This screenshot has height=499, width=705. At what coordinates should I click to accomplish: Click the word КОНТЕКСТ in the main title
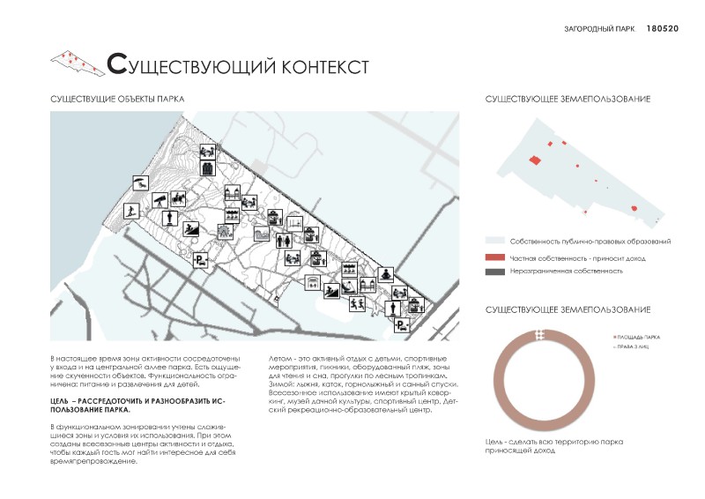click(312, 66)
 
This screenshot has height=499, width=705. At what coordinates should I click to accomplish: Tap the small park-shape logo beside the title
click(76, 62)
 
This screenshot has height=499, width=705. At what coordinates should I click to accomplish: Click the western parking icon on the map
click(201, 259)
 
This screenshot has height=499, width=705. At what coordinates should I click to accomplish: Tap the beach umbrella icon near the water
click(139, 183)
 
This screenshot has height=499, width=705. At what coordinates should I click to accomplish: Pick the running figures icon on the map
click(357, 304)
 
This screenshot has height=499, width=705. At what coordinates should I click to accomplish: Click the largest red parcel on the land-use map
click(534, 160)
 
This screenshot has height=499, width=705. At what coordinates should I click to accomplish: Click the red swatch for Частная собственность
click(494, 257)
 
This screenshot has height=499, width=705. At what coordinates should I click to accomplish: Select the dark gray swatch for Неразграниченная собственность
click(494, 272)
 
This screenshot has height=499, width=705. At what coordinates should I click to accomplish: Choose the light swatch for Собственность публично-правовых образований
click(494, 241)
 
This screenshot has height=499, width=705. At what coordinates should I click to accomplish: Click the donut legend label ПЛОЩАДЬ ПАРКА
click(638, 338)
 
